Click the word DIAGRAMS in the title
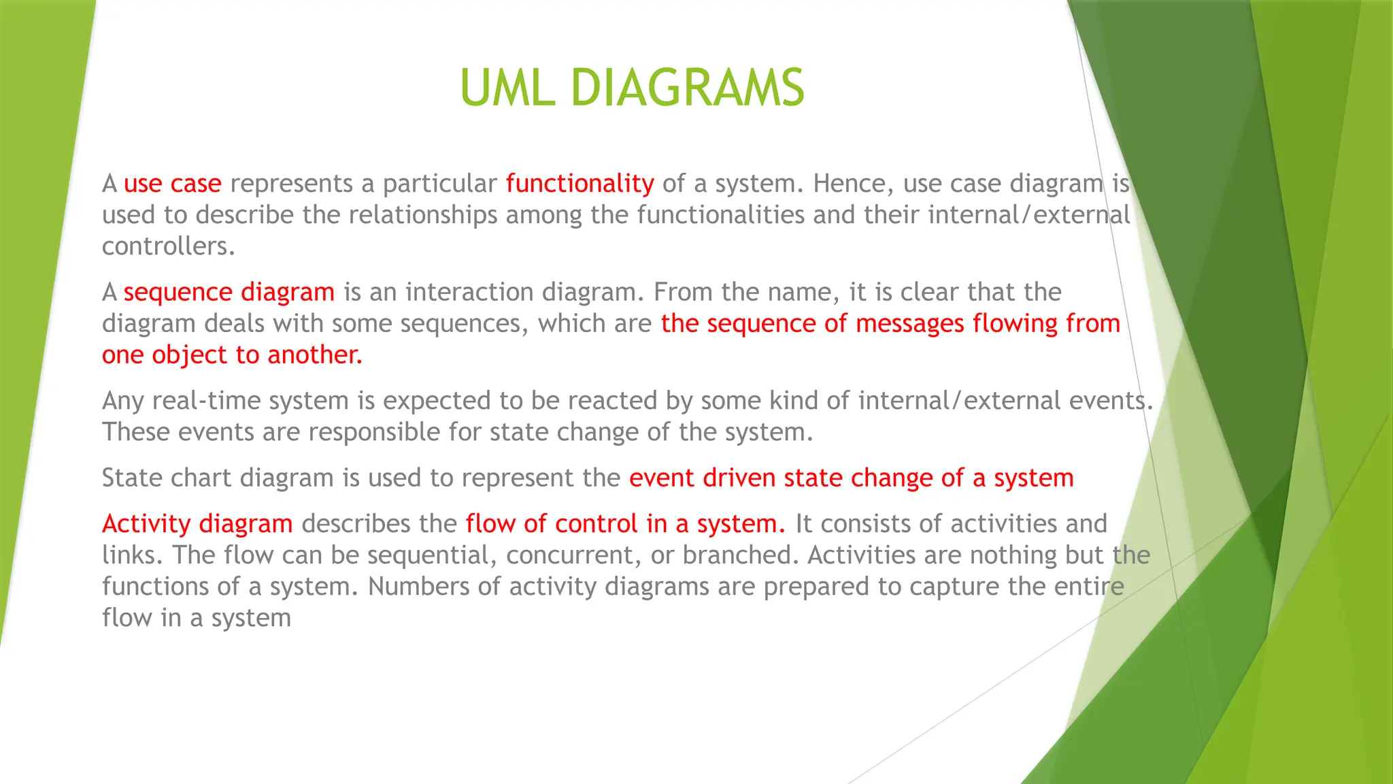(x=687, y=88)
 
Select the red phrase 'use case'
(x=173, y=184)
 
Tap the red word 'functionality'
(x=580, y=184)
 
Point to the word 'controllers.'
(x=169, y=246)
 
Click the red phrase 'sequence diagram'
(x=229, y=293)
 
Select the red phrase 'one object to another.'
(x=232, y=355)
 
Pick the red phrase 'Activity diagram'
(x=197, y=524)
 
